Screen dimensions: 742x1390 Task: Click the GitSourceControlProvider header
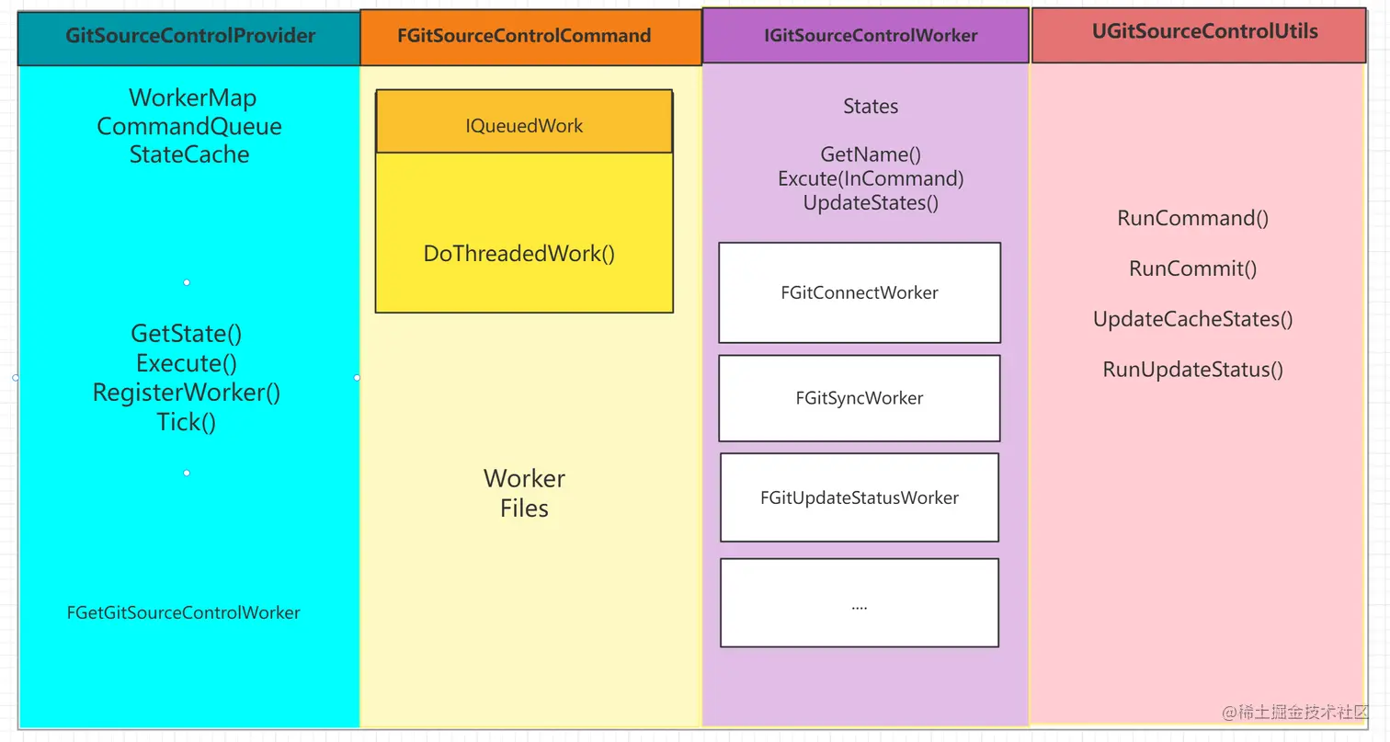(189, 37)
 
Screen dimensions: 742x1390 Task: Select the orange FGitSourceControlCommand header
(524, 37)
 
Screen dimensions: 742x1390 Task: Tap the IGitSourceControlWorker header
(870, 37)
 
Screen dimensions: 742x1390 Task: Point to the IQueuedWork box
(524, 126)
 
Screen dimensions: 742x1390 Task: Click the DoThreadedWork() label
(518, 254)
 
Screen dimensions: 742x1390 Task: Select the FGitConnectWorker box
(860, 293)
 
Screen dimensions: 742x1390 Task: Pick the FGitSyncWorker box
(860, 398)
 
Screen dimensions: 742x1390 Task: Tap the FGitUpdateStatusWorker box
(860, 497)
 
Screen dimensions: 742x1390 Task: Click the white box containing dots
(860, 603)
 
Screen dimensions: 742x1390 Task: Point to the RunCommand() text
(1192, 219)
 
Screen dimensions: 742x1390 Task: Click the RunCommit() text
(1192, 269)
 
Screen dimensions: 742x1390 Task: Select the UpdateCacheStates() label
(1192, 320)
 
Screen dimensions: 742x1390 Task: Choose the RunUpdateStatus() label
(1192, 370)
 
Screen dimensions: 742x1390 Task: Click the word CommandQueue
(189, 126)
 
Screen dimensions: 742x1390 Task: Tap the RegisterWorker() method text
(187, 393)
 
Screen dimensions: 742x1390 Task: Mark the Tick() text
(187, 422)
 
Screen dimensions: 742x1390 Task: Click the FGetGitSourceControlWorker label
(184, 612)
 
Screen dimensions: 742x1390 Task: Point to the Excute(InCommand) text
(871, 179)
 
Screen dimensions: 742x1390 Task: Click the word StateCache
(189, 154)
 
